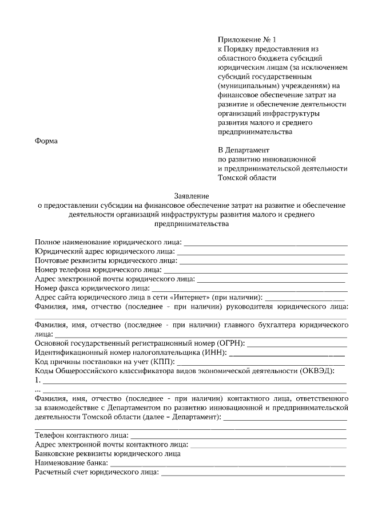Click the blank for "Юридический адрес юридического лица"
tap(260, 253)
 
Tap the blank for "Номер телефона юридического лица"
tap(255, 271)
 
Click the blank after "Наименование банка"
tap(228, 464)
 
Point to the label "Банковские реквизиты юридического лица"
tap(108, 454)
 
